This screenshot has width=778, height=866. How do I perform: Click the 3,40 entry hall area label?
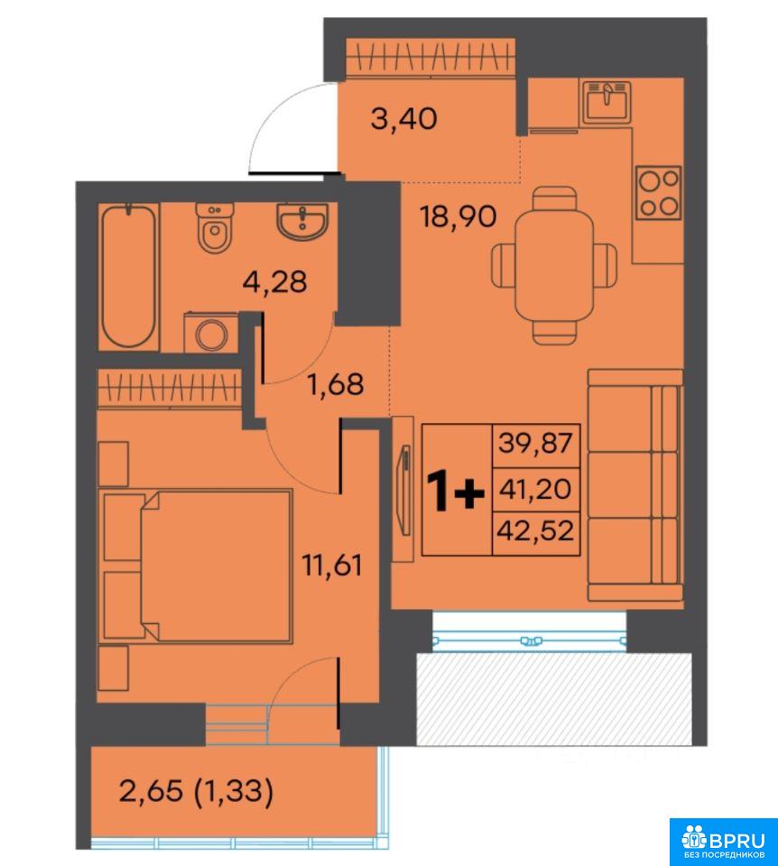tap(404, 119)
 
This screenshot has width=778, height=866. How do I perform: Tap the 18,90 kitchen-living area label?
tap(458, 216)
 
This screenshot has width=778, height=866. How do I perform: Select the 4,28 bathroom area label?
tap(274, 281)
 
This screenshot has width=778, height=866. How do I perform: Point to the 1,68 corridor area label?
tap(336, 384)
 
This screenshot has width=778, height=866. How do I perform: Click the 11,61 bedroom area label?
tap(332, 565)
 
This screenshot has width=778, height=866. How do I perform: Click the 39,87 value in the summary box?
tap(535, 443)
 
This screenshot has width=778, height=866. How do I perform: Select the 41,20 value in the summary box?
tap(535, 489)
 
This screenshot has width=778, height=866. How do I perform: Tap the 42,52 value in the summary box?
tap(535, 530)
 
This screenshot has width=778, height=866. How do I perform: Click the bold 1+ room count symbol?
tap(456, 491)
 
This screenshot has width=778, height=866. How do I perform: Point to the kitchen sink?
tap(607, 102)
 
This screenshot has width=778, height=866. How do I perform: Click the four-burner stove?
tap(658, 193)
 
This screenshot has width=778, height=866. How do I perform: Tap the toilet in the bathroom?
tap(216, 227)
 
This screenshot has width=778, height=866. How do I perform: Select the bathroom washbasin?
tap(301, 221)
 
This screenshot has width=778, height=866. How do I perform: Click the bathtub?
tap(129, 277)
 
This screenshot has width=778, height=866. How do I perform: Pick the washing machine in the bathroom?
tap(211, 332)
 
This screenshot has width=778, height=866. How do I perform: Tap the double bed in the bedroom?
tap(216, 566)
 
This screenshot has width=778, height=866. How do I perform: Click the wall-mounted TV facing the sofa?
tap(405, 490)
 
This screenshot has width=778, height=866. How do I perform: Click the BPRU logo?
tap(723, 841)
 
